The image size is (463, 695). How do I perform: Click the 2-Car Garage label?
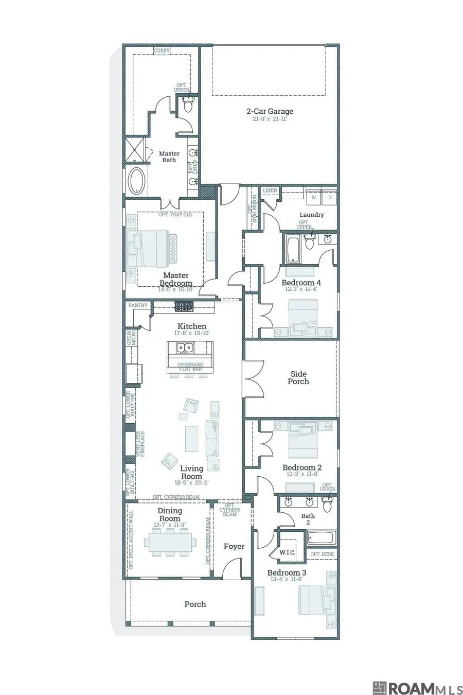tap(270, 111)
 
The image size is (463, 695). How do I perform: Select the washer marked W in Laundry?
tap(313, 197)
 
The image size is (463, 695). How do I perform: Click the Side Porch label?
tap(298, 378)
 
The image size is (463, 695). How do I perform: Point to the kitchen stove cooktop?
tap(183, 307)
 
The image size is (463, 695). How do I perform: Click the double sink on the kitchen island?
tap(184, 349)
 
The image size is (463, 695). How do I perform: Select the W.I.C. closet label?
tap(287, 552)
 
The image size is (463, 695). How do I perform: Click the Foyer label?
tap(234, 546)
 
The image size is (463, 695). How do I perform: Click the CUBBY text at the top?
tap(162, 51)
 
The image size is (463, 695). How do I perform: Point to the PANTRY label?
tap(138, 305)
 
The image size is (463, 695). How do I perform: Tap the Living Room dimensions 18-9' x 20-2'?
tap(191, 483)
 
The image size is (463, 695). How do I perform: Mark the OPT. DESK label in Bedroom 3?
tap(322, 554)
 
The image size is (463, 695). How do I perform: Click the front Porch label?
tap(195, 604)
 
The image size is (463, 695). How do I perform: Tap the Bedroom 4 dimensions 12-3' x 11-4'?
tap(301, 289)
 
